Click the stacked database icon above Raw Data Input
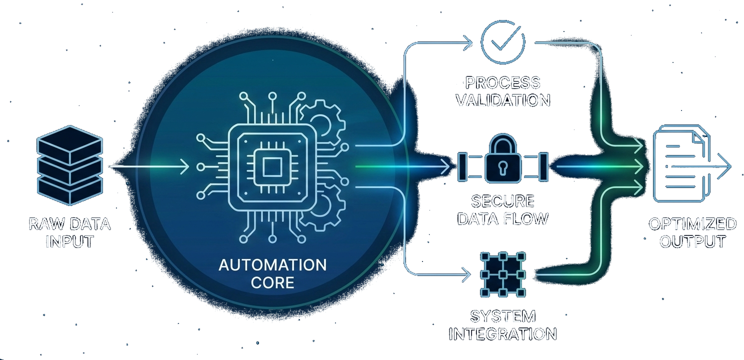70,164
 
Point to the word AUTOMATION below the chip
272,264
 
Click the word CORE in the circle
272,282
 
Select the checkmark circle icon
502,42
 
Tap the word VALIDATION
503,100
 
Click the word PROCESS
503,82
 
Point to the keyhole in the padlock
503,169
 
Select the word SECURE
503,201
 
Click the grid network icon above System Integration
502,274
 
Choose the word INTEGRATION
502,334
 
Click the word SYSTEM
502,316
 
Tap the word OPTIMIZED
692,223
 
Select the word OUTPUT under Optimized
692,241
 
